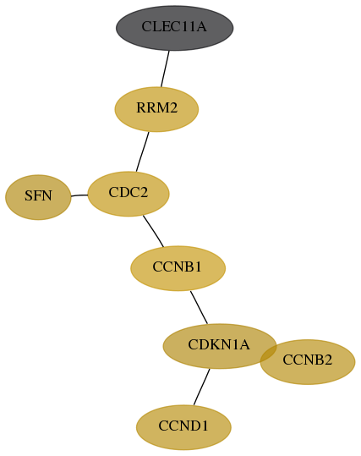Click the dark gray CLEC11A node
[x=175, y=28]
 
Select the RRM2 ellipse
[x=156, y=109]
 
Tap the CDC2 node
[x=129, y=194]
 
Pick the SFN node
[x=38, y=197]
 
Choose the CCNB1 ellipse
[x=178, y=268]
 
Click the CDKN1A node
[x=220, y=346]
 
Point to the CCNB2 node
[x=308, y=362]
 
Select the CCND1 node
[x=183, y=427]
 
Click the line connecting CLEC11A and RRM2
[x=165, y=69]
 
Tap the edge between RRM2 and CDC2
[x=142, y=151]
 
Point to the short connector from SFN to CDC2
[x=79, y=195]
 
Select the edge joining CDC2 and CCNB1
[x=154, y=231]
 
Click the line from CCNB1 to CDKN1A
[x=200, y=307]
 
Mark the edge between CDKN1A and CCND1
[x=202, y=387]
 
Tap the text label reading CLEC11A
[x=174, y=27]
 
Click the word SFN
[x=38, y=195]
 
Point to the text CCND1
[x=183, y=426]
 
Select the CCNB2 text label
[x=307, y=360]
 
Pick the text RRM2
[x=156, y=108]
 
